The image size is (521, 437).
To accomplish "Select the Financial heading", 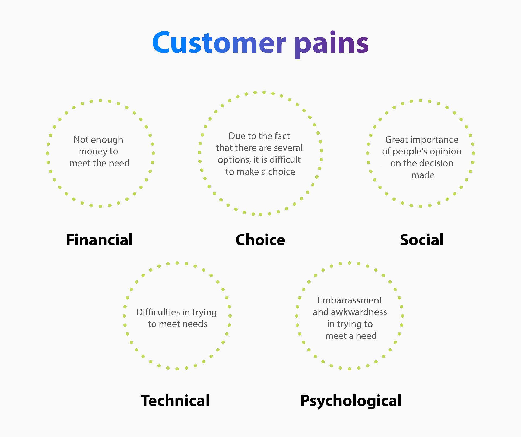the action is [99, 240].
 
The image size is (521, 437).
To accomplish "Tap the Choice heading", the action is [260, 240].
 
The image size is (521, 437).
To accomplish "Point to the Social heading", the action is [422, 240].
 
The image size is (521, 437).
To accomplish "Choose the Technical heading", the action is [175, 400].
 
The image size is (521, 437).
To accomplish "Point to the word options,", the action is [234, 160].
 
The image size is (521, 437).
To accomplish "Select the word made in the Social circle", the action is [423, 175].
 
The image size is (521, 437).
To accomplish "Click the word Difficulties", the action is [158, 312].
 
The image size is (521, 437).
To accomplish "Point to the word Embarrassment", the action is [350, 300].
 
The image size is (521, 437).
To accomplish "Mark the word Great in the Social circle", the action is [397, 140].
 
